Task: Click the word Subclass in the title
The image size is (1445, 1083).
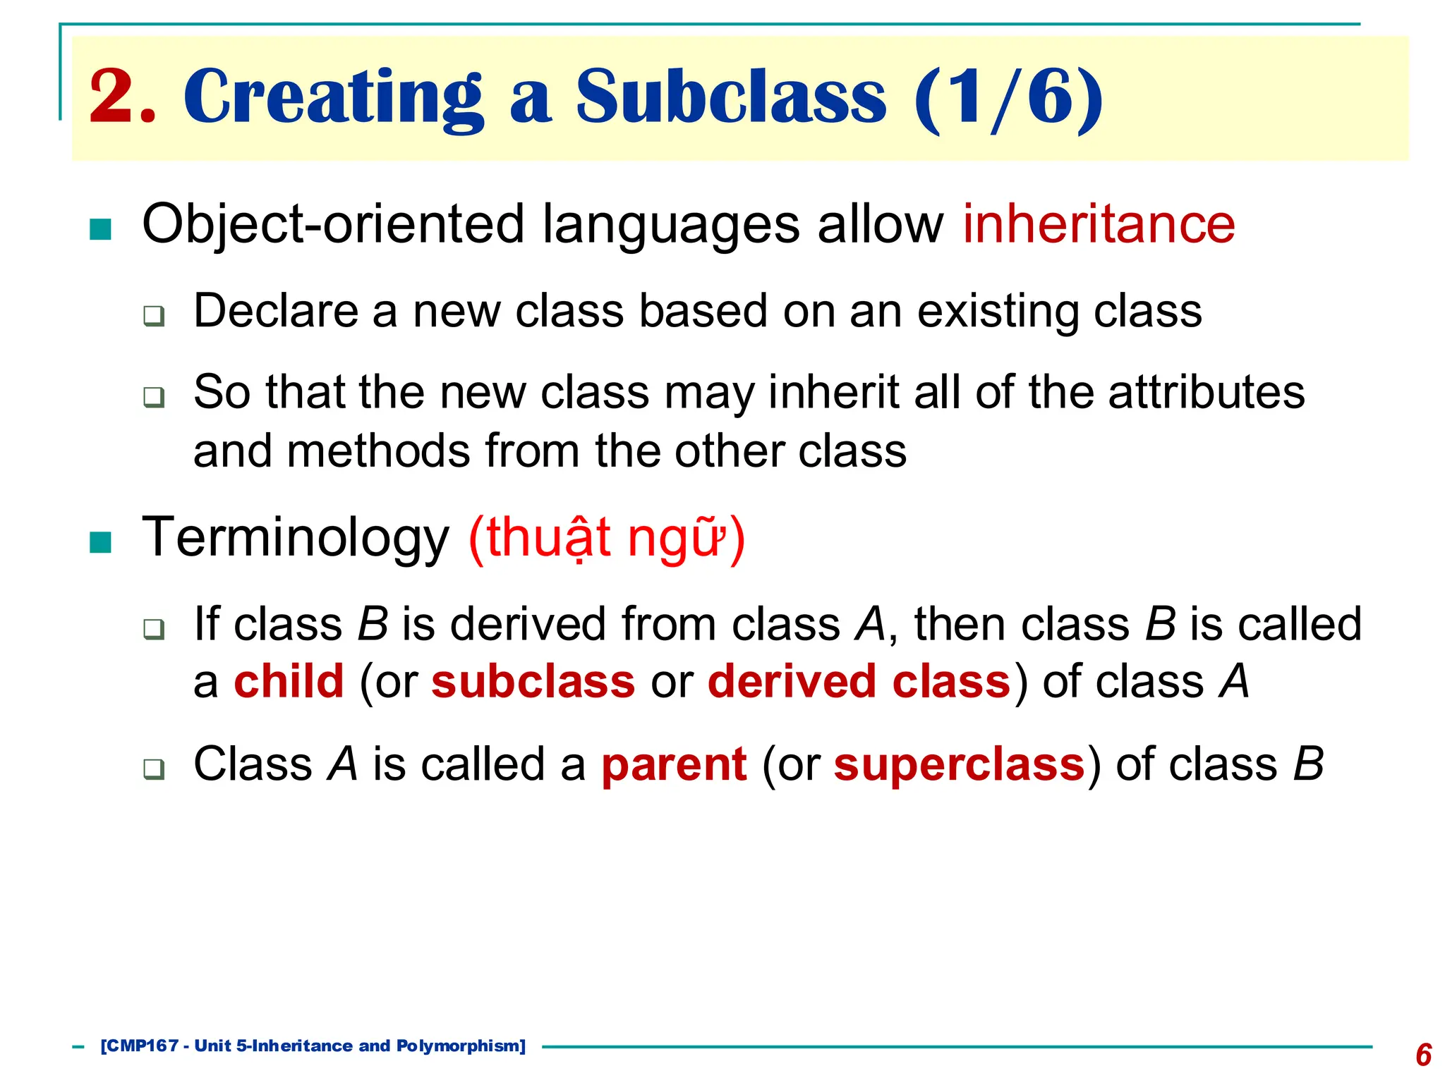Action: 730,97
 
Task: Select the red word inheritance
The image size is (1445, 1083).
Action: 1099,224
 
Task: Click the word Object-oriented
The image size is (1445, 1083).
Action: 332,225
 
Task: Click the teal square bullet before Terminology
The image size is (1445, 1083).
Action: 101,542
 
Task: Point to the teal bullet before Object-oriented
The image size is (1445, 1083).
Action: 101,229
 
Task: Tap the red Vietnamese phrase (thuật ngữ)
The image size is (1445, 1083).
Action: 606,539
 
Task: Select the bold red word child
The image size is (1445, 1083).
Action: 289,682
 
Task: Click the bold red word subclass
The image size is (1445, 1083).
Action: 533,682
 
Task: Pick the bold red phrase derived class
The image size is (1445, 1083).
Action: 859,682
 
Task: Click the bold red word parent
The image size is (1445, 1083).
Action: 673,764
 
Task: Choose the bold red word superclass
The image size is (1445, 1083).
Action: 959,764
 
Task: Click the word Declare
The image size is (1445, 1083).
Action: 275,311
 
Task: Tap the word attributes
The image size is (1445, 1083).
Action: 1207,392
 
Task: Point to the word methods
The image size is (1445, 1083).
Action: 378,451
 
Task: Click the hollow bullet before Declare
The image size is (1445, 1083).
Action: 154,315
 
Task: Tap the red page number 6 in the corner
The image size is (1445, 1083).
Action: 1423,1055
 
